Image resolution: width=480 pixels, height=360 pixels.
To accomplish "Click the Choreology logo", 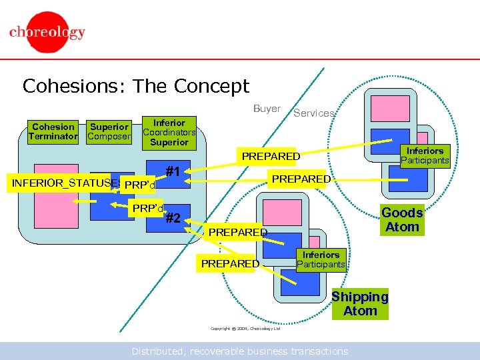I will pos(47,33).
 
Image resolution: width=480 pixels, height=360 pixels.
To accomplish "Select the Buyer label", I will pos(267,109).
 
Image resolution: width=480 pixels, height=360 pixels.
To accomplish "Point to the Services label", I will pos(313,113).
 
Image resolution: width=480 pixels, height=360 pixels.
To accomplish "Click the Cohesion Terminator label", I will pos(53,131).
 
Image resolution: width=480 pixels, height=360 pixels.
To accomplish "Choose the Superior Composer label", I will pos(109,131).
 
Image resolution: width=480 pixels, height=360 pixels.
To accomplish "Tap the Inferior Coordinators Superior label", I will pos(169,132).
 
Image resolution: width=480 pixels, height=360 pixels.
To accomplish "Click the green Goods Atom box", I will pos(402,219).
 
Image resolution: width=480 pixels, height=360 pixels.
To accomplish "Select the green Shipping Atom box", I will pos(360,304).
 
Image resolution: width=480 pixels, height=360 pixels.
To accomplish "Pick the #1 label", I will pos(175,171).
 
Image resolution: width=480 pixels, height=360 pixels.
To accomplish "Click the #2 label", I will pos(174,218).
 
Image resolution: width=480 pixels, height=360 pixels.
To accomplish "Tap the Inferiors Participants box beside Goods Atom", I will pos(425,155).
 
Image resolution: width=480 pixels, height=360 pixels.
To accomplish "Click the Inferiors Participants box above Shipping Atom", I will pos(321,259).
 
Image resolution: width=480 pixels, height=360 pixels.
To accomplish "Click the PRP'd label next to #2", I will pos(147,208).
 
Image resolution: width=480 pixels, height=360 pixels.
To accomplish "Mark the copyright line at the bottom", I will pos(245,329).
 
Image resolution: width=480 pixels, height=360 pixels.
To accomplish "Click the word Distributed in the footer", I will pos(158,351).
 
